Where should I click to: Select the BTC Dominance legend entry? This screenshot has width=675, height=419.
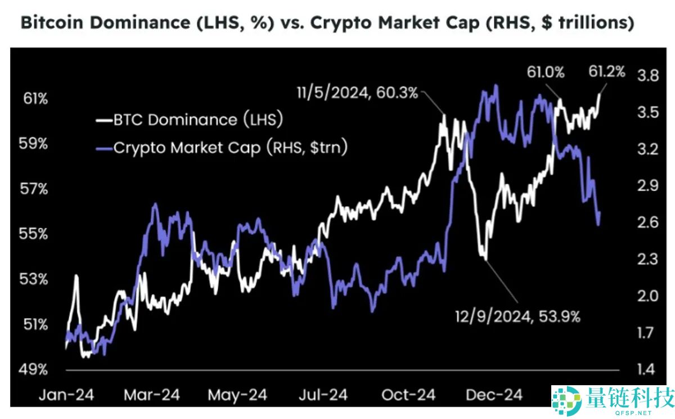coord(189,119)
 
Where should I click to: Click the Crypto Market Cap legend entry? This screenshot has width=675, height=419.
coord(222,148)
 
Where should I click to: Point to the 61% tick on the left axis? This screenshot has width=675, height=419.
coord(35,99)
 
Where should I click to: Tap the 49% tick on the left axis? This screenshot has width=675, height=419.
coord(35,370)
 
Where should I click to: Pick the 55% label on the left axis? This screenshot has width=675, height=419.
coord(35,234)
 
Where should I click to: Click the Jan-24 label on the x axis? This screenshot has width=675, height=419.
coord(66,394)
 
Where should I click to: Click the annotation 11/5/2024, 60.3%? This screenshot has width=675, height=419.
coord(358,92)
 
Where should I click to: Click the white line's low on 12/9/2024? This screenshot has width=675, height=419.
coord(485,258)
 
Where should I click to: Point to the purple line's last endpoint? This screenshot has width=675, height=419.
coord(600,212)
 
